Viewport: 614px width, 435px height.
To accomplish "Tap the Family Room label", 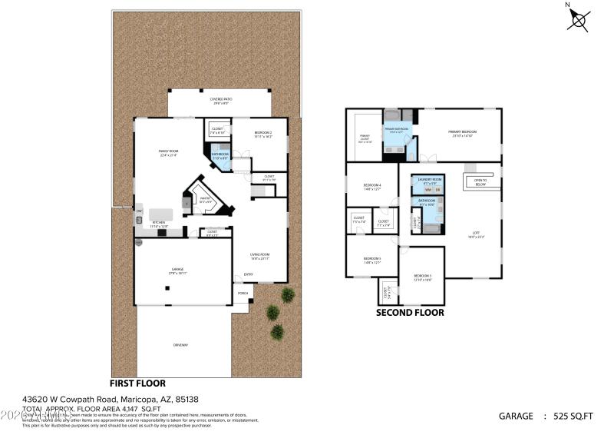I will coord(168,152).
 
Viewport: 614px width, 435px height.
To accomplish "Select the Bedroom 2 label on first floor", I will coord(263,134).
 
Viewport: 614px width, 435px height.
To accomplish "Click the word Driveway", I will coord(180,344).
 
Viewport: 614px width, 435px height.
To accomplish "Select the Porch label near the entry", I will coord(243,294).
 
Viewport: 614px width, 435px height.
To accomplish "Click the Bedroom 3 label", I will coord(422,277).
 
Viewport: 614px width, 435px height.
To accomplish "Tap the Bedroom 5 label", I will coord(371,259).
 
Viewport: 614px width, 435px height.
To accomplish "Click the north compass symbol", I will coord(578,18).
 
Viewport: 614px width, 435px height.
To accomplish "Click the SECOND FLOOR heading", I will coord(409,313).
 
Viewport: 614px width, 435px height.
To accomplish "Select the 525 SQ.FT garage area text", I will coord(573,416).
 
